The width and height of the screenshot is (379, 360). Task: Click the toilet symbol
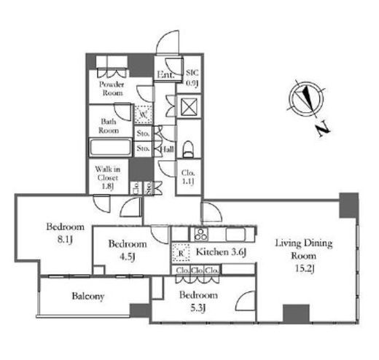pos(188,149)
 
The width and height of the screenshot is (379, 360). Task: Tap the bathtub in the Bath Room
pos(111,147)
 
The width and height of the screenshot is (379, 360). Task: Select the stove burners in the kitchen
pos(201,234)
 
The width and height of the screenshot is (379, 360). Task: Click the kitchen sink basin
pos(235,234)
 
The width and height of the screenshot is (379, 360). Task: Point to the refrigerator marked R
pos(181,253)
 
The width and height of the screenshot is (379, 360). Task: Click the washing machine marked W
pos(144,114)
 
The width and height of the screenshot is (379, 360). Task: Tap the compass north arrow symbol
pos(307,99)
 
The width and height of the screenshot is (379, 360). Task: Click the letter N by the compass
pos(324,130)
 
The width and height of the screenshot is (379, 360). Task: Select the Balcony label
pos(88,296)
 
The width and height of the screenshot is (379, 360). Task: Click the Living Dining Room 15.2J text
pos(304,256)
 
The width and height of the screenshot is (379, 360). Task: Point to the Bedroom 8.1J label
pos(66,233)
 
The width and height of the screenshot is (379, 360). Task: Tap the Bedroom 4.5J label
pos(128,250)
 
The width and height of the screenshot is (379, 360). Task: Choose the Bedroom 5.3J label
pos(198,301)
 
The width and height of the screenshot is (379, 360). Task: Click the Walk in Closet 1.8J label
pos(108,178)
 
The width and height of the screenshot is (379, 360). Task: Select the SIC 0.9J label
pos(192,78)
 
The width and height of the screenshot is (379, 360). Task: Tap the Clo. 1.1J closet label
pos(188,177)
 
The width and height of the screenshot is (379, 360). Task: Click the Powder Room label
pos(112,88)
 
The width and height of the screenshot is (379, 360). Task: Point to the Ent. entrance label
pos(165,74)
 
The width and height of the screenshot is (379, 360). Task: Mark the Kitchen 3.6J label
pos(222,251)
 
